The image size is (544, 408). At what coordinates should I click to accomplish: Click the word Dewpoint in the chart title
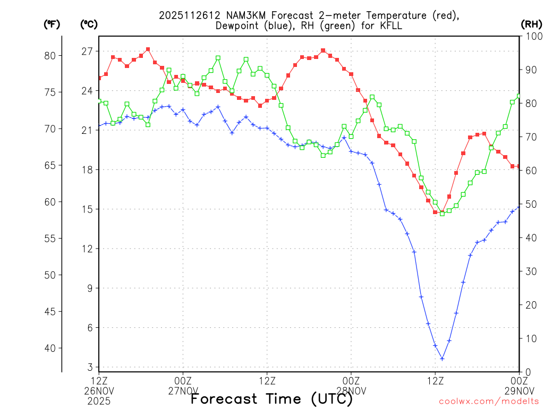pos(237,25)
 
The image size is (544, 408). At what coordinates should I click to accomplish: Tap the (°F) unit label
pos(52,24)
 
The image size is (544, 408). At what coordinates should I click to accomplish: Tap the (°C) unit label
pos(89,24)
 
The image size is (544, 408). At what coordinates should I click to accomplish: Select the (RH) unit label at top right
pos(531,24)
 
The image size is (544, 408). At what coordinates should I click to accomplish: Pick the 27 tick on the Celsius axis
pos(87,52)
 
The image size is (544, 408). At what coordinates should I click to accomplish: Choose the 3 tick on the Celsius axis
pos(90,368)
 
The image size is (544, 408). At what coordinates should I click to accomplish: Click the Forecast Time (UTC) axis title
pos(271,398)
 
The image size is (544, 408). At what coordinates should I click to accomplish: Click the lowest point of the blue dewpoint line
pos(442,359)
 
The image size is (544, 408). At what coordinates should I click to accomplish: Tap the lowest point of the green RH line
pos(442,214)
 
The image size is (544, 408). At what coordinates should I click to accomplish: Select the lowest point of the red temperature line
pos(442,212)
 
